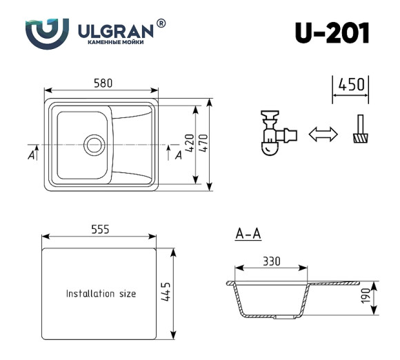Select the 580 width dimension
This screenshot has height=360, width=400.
click(103, 83)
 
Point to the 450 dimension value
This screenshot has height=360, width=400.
click(351, 85)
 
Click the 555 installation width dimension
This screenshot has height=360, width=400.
click(99, 229)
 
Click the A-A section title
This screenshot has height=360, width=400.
click(248, 234)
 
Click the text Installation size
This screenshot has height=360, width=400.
click(101, 294)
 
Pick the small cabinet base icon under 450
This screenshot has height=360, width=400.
click(359, 130)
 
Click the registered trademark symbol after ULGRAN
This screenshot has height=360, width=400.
click(161, 23)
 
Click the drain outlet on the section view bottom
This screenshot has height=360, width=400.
click(283, 319)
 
